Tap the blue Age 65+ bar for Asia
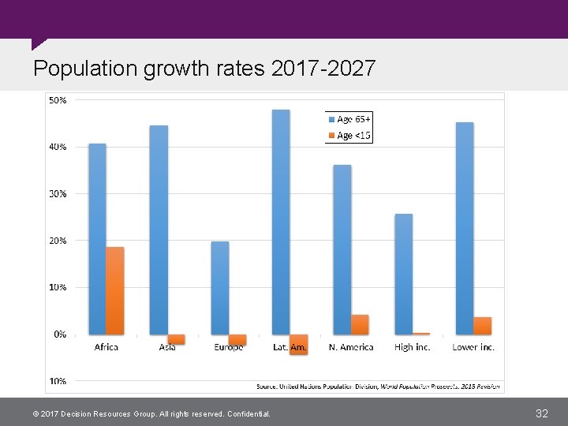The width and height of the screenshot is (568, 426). click(x=159, y=230)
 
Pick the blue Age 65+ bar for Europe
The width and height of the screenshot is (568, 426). click(x=220, y=288)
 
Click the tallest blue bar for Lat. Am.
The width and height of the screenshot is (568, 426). click(x=281, y=222)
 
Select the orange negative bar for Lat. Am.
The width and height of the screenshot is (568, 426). click(x=298, y=345)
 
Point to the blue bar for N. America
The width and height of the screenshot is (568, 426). click(x=342, y=249)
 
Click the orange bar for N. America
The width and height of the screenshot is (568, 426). click(x=360, y=324)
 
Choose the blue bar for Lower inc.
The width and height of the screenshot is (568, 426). click(x=465, y=228)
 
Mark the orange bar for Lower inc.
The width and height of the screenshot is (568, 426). click(x=482, y=326)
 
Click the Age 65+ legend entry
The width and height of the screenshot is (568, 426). click(x=349, y=119)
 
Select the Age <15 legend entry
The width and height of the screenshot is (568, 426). click(x=349, y=136)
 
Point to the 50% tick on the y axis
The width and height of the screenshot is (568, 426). click(x=58, y=101)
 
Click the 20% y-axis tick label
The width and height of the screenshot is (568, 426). click(x=58, y=241)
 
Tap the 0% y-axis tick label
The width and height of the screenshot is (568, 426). click(x=60, y=334)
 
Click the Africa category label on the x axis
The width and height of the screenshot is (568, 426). click(x=106, y=348)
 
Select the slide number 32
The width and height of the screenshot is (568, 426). click(x=541, y=413)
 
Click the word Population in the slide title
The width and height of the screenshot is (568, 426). click(x=85, y=69)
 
